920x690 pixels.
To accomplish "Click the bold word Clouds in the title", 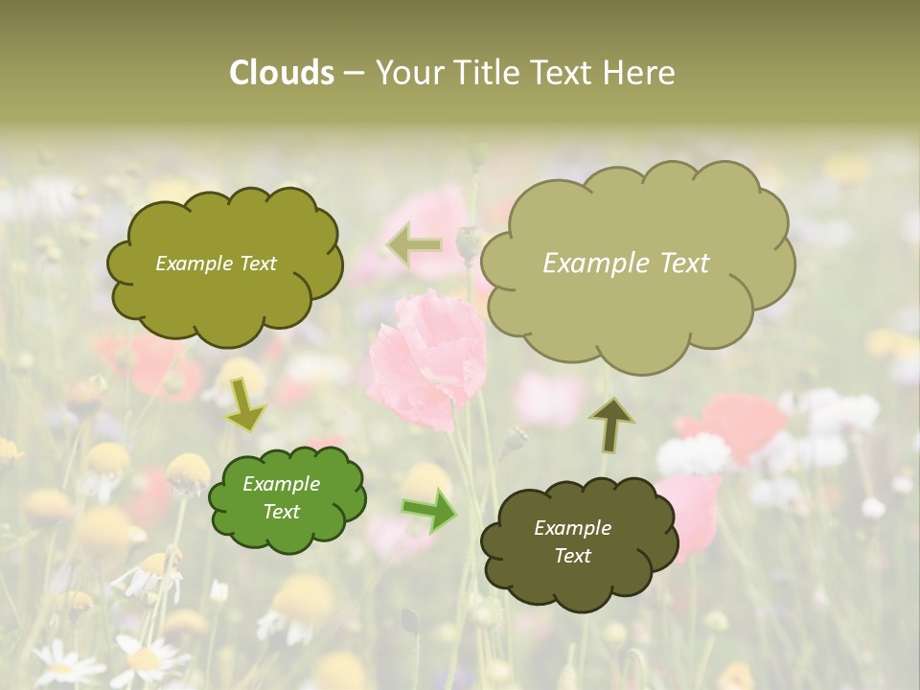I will (x=281, y=73).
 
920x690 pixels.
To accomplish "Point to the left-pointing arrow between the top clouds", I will (x=414, y=245).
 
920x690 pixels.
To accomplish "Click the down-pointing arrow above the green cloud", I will (x=245, y=406).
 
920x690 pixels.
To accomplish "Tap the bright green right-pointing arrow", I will (x=428, y=511).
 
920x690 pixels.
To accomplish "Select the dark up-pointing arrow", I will (x=610, y=424).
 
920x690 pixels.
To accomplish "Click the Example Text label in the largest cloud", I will (x=626, y=264).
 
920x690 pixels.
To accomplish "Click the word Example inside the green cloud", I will (x=281, y=484).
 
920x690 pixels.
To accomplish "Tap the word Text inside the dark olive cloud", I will (x=572, y=556).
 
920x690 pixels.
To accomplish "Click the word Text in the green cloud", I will (x=281, y=512).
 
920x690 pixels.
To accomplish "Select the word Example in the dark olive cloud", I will (x=572, y=528).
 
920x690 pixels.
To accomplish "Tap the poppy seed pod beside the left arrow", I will (x=468, y=243).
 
